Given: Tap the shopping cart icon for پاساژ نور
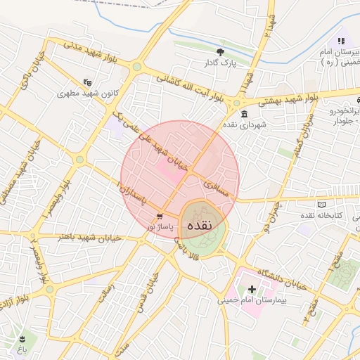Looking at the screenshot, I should pos(160,217).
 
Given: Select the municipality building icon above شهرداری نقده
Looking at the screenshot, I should pos(244,114).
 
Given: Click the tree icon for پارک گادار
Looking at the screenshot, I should pos(221,52).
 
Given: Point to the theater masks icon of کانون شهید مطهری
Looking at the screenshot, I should pos(86,82).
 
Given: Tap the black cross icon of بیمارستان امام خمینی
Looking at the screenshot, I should pos(252,289).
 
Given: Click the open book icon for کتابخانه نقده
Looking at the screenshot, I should pos(322,205).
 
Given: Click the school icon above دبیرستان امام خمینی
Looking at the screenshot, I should pos(341,41).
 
